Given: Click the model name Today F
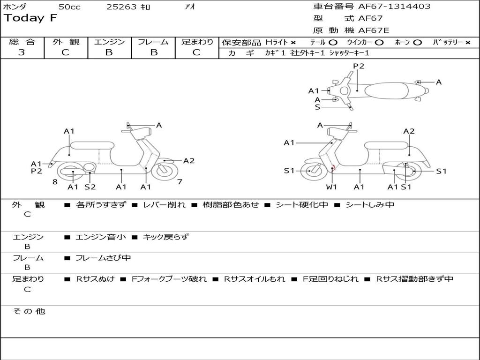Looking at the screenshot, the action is [30, 18].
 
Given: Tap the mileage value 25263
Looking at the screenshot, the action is [122, 7].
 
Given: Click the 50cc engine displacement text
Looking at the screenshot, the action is [69, 7].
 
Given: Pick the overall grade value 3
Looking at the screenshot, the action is [22, 52].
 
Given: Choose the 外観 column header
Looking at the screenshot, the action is [66, 42].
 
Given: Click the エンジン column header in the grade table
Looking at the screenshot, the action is [109, 42].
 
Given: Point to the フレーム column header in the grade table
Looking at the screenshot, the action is [153, 42].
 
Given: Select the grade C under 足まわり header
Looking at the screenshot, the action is [196, 52].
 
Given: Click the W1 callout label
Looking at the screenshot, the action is [332, 187].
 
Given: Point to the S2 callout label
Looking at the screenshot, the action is [90, 187].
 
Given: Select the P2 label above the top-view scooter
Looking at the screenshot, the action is [359, 66].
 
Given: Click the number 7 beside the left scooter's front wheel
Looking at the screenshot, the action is [180, 181].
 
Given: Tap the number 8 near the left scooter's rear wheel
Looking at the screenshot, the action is [55, 181].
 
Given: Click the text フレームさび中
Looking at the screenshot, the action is [103, 258].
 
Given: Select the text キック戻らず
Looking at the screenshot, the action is [165, 237].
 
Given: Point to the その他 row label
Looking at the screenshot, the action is [29, 311].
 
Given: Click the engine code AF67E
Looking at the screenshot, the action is [374, 30].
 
